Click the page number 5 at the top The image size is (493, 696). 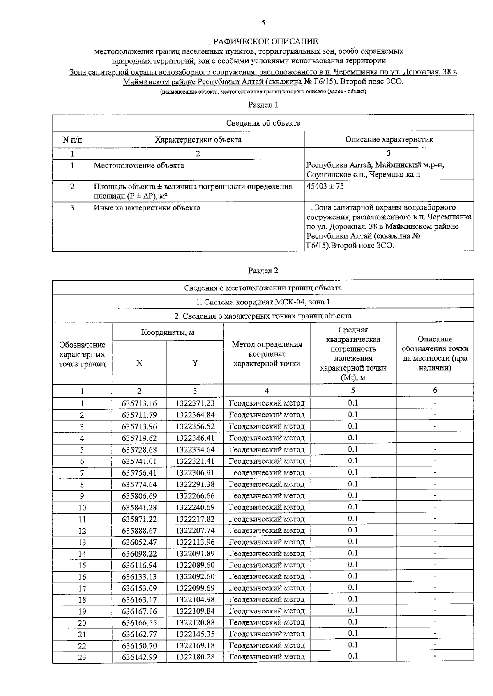[x=263, y=23]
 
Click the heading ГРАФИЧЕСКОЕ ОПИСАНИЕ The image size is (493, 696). [x=263, y=41]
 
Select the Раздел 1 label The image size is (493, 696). [x=263, y=105]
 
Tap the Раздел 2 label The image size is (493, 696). [x=263, y=270]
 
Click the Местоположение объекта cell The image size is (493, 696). [x=139, y=166]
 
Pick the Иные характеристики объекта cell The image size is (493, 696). [x=147, y=207]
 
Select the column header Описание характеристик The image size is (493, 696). [x=389, y=139]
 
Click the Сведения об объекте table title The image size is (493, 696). [x=263, y=123]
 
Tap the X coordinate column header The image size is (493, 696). [x=139, y=363]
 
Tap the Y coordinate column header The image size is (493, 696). [x=195, y=363]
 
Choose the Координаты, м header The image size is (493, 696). [x=168, y=332]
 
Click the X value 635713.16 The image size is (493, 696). [x=139, y=403]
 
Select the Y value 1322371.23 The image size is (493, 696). [x=195, y=403]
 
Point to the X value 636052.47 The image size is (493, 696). [x=139, y=542]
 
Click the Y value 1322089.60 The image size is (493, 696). [x=195, y=565]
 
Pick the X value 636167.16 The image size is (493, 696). [x=139, y=611]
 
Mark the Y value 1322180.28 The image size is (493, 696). [x=195, y=657]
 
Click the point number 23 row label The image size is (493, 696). [x=82, y=657]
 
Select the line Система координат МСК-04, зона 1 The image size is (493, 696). [x=263, y=302]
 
